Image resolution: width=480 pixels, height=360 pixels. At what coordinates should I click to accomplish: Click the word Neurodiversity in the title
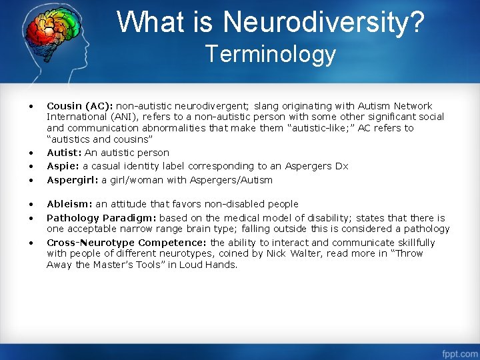pyautogui.click(x=323, y=21)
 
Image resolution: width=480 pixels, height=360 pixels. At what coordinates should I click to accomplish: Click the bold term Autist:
pyautogui.click(x=63, y=153)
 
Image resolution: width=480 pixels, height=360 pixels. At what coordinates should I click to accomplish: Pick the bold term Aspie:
pyautogui.click(x=63, y=166)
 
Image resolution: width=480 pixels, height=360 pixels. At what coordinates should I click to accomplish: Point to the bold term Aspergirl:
pyautogui.click(x=72, y=180)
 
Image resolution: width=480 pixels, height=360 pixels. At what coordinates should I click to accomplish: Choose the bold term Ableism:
pyautogui.click(x=69, y=204)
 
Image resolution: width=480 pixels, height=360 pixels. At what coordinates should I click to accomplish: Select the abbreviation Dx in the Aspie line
pyautogui.click(x=341, y=166)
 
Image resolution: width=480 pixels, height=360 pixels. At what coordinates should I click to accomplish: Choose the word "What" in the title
pyautogui.click(x=148, y=21)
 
